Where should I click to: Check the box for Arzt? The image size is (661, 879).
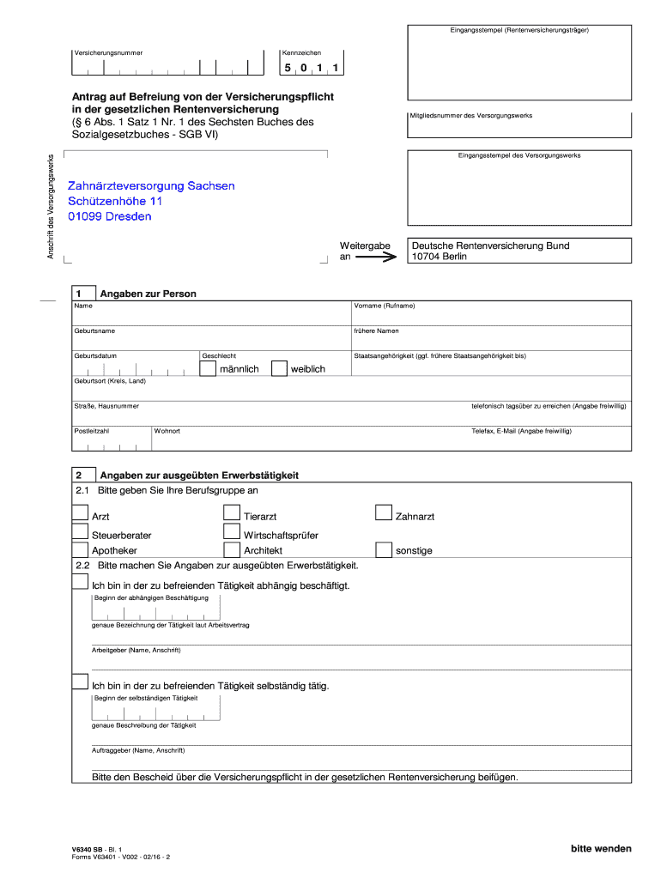click(x=80, y=513)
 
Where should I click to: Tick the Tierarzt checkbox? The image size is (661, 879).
click(x=232, y=513)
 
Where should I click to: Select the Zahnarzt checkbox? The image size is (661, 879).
click(x=384, y=513)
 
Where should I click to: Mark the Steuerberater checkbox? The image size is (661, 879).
click(x=80, y=532)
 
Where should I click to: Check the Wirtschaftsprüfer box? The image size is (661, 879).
click(x=232, y=532)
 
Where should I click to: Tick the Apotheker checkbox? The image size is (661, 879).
click(x=80, y=549)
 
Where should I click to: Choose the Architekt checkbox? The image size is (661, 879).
click(x=232, y=549)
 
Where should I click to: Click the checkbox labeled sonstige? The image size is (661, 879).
click(x=384, y=549)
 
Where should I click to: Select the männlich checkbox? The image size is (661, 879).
click(x=208, y=368)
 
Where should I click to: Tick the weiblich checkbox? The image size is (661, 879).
click(x=279, y=368)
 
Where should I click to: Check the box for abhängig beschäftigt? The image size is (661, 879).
click(x=80, y=583)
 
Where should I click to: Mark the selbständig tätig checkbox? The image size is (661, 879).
click(x=80, y=683)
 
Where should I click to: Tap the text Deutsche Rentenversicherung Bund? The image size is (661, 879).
click(x=490, y=246)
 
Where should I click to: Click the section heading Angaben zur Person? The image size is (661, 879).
click(x=149, y=294)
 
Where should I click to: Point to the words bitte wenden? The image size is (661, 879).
click(x=601, y=849)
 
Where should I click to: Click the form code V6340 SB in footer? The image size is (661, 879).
click(x=89, y=848)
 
